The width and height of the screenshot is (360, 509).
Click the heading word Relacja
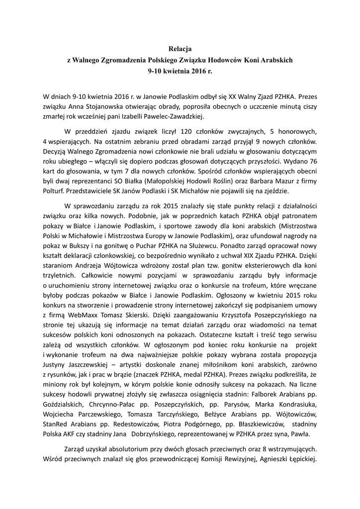pos(180,49)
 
